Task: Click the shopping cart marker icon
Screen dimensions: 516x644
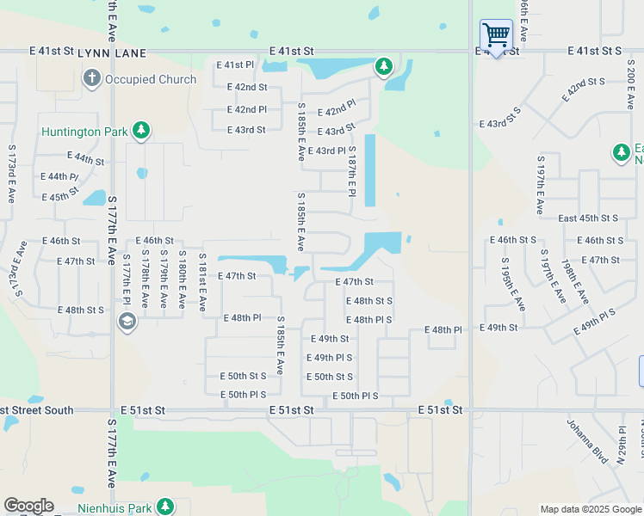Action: (x=496, y=35)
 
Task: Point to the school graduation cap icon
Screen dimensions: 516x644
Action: (x=127, y=322)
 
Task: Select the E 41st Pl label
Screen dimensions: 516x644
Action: (x=235, y=65)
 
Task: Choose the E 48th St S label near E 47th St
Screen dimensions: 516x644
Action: (x=369, y=301)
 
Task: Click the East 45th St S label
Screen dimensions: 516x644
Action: (x=588, y=218)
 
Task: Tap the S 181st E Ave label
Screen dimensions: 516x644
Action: (x=202, y=281)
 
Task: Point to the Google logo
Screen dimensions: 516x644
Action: (x=28, y=506)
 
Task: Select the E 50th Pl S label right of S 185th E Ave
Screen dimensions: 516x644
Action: (x=355, y=396)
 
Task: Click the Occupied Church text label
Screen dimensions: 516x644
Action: (x=151, y=79)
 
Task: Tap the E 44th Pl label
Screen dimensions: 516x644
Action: (x=59, y=176)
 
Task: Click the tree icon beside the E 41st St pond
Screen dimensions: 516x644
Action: (x=383, y=66)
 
